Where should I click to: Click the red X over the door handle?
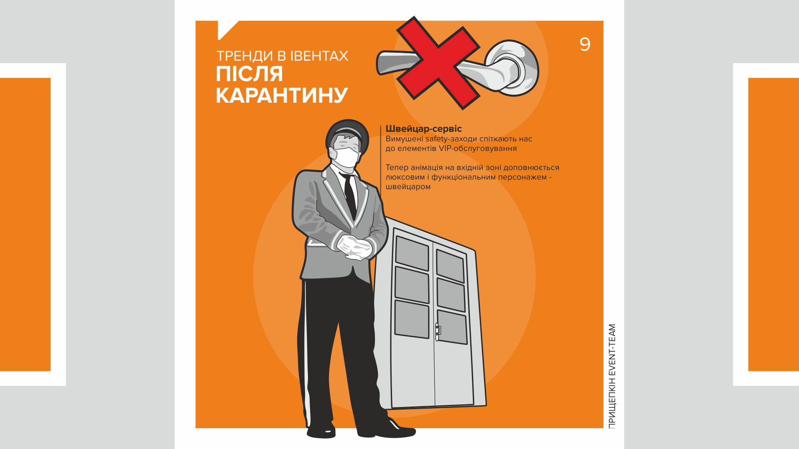pos(438,63)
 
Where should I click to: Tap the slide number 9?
pos(585,44)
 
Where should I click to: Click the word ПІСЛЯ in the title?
pos(249,74)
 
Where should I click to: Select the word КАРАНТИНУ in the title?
pos(282,96)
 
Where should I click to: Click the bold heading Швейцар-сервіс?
pos(423,129)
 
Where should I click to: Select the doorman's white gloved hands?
pos(354,247)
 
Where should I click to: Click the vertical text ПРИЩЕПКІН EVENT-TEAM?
pos(612,376)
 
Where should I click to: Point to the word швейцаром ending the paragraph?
pos(408,187)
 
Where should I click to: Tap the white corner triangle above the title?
pos(225,28)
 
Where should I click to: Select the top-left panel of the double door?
pos(412,253)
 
